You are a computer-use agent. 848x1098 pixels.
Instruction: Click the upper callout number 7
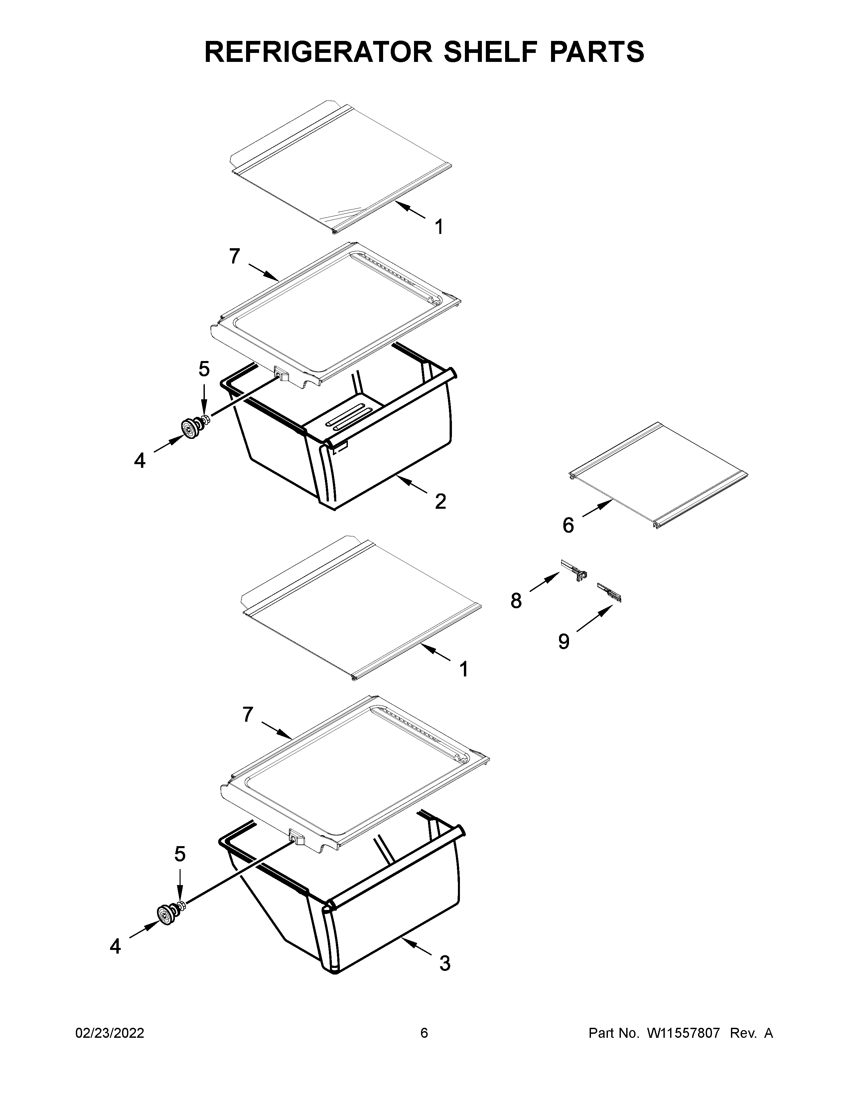coord(234,257)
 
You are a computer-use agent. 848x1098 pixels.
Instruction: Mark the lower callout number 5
coord(180,854)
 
